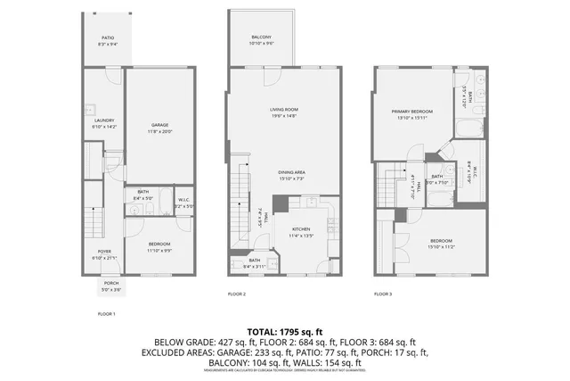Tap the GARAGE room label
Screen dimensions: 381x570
click(159, 124)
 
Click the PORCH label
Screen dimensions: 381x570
click(110, 283)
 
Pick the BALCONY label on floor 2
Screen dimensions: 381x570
click(261, 37)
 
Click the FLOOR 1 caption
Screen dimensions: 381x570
click(106, 314)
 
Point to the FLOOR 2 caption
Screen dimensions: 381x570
click(236, 294)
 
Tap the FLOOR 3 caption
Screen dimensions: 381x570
click(382, 294)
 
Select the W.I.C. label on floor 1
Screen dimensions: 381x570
click(183, 199)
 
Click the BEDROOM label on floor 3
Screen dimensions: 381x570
click(442, 241)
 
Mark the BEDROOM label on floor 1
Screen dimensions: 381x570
click(159, 244)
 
